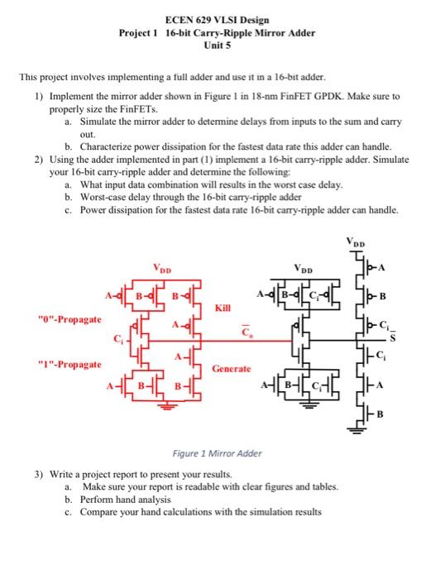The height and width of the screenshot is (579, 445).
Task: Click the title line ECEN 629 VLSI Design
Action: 223,19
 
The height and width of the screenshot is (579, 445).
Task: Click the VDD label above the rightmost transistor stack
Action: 359,245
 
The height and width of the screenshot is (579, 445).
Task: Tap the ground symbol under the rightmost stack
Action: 361,428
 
